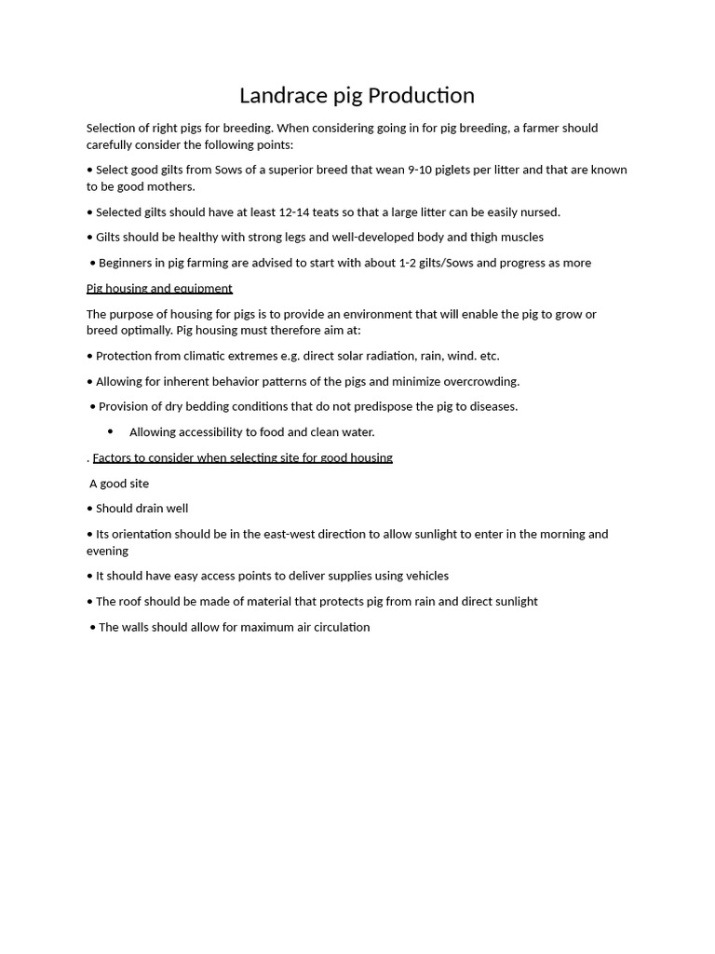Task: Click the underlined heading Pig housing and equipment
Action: click(x=159, y=289)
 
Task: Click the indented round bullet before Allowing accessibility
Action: click(x=110, y=431)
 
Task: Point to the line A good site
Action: click(x=119, y=484)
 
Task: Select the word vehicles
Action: click(x=424, y=576)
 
